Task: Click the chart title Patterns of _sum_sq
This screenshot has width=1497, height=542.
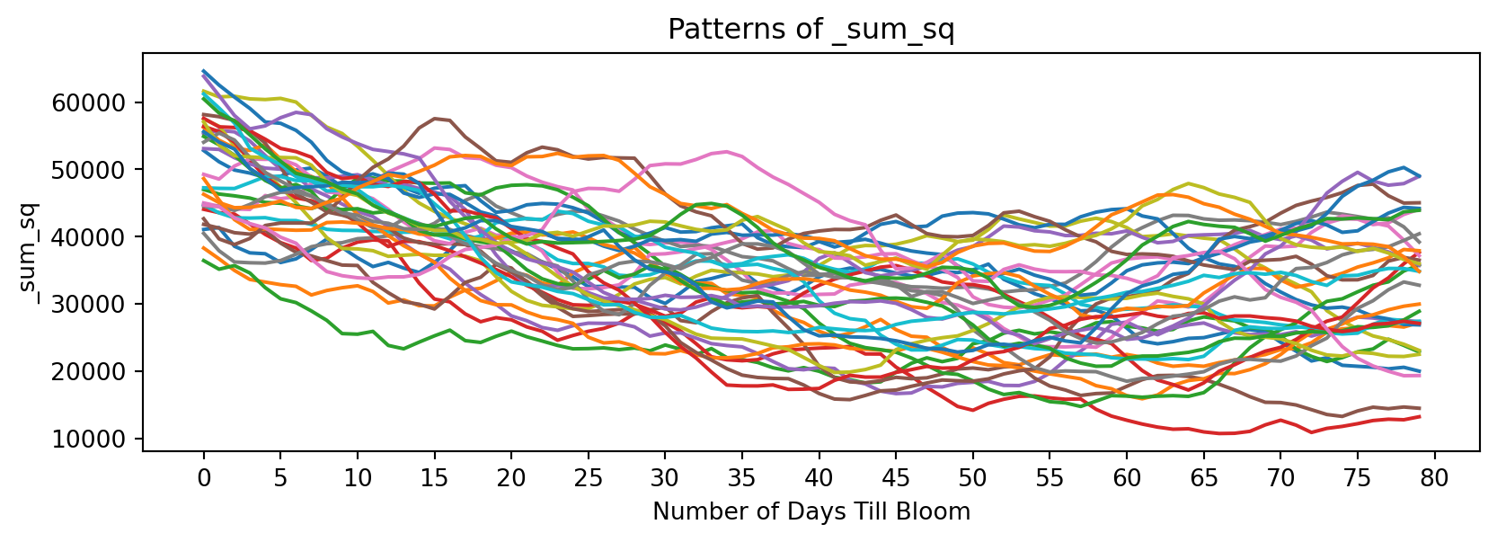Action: coord(811,31)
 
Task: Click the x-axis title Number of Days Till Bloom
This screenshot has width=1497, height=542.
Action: coord(811,512)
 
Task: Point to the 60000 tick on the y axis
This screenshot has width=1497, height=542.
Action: coord(99,102)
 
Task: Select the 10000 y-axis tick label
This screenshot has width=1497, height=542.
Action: coord(99,440)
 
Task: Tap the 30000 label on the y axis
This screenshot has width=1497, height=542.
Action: coord(99,305)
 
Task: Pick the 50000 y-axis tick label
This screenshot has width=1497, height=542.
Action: coord(99,170)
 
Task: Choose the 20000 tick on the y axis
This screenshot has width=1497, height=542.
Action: coord(99,372)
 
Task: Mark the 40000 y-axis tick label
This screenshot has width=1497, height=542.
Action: coord(99,237)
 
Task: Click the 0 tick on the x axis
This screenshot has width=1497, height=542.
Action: coord(204,478)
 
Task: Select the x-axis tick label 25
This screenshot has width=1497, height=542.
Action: coord(588,478)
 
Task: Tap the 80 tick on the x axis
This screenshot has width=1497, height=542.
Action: coord(1434,478)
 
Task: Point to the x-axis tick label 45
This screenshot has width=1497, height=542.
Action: coord(896,478)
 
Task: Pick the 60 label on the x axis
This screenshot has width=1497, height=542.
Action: coord(1127,478)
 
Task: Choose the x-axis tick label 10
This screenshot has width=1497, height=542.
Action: coord(358,478)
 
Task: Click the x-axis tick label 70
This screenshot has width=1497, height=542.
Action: coord(1280,478)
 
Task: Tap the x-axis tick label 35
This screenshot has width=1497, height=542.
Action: coord(742,478)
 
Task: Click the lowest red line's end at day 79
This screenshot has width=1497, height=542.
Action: coord(1419,416)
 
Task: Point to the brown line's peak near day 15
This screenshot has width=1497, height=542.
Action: coord(435,118)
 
